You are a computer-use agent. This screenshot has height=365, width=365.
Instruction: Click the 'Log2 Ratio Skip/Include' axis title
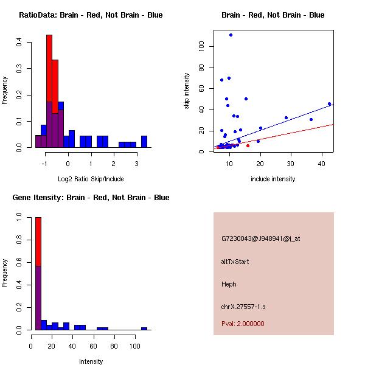point(91,179)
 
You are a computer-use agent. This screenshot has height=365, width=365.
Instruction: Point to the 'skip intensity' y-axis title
point(187,91)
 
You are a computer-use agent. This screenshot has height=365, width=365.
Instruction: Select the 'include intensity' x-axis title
point(273,179)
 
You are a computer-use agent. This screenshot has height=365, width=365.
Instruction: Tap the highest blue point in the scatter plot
point(231,35)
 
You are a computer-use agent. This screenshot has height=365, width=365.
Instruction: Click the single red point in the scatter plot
point(248,145)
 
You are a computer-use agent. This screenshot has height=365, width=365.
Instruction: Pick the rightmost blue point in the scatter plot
point(329,104)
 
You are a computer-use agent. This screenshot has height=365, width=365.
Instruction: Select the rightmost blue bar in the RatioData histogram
point(144,141)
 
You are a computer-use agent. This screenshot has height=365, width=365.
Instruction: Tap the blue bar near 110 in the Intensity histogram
point(144,328)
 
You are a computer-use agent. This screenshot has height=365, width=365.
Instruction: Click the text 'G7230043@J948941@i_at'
point(260,238)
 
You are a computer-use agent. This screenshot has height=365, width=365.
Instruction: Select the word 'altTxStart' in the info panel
point(235,262)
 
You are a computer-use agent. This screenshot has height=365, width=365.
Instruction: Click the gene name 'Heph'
point(229,284)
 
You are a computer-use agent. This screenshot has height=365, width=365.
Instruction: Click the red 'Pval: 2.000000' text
point(243,324)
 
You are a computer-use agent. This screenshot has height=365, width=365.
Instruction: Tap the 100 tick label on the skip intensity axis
point(202,46)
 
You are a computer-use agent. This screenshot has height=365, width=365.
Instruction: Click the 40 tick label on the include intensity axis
point(322,163)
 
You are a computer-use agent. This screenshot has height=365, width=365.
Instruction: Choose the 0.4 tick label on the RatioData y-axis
point(20,42)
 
